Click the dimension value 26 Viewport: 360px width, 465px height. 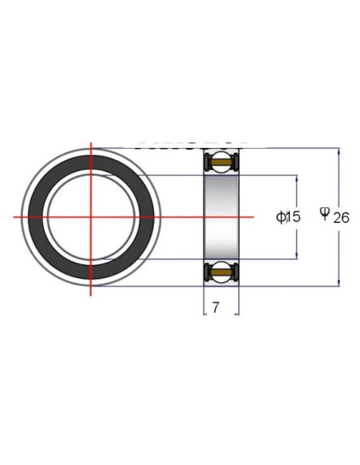pos(342,218)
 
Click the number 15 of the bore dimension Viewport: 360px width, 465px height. pos(293,217)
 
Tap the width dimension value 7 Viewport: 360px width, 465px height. pos(216,307)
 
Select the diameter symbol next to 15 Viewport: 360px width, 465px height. pos(280,217)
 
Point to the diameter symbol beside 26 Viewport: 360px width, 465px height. pos(325,213)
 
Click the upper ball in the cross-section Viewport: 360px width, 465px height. pos(221,162)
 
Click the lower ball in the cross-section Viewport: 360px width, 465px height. pos(221,273)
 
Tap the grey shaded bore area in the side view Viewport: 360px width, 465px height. pos(221,217)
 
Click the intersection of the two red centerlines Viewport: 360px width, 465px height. pos(91,217)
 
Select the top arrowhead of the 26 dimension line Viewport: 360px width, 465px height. pos(339,150)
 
